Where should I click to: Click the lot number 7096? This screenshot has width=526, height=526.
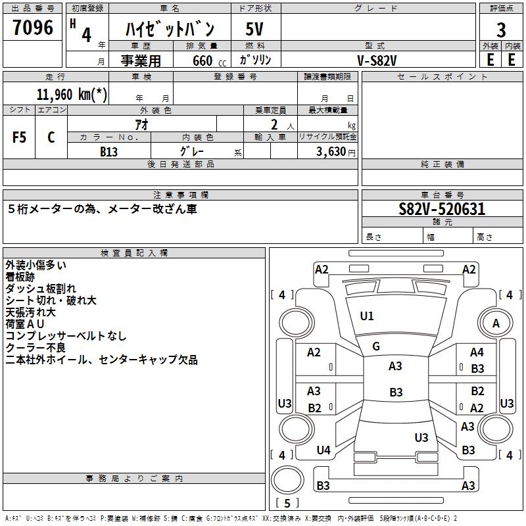point(32,28)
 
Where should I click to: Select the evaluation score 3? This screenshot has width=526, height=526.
point(501,30)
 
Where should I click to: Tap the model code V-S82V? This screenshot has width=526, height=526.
point(377,60)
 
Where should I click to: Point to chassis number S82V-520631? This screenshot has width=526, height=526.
point(442,209)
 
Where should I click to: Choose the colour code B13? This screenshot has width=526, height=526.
point(109,151)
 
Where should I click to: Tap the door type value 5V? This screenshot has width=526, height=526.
point(254,30)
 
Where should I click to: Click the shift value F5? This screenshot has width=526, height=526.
point(20,137)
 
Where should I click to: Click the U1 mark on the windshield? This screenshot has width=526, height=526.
point(367,316)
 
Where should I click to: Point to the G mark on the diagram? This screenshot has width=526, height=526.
point(376,347)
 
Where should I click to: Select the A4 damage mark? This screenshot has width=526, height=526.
point(477,353)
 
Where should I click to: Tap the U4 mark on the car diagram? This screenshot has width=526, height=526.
point(323,450)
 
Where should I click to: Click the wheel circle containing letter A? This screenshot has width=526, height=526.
point(496,323)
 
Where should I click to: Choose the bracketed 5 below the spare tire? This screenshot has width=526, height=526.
point(287,503)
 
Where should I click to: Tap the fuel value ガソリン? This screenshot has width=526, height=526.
point(256,60)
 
